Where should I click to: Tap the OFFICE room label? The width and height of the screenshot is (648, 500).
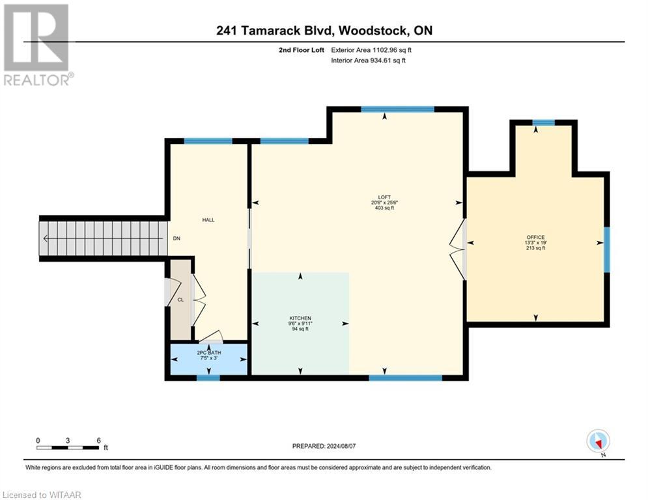pyautogui.click(x=535, y=237)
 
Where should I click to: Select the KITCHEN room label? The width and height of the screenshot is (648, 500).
pyautogui.click(x=300, y=318)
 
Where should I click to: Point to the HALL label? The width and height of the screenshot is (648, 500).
pyautogui.click(x=208, y=220)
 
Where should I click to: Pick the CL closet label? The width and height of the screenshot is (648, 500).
pyautogui.click(x=180, y=300)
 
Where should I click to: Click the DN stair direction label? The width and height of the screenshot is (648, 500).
pyautogui.click(x=176, y=238)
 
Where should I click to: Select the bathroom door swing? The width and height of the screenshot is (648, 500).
pyautogui.click(x=211, y=336)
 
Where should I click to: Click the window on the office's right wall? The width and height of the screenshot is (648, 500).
pyautogui.click(x=606, y=249)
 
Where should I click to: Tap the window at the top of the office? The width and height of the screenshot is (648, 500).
pyautogui.click(x=543, y=122)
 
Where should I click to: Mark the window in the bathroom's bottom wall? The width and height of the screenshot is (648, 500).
pyautogui.click(x=208, y=377)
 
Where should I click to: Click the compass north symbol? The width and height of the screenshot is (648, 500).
pyautogui.click(x=597, y=441)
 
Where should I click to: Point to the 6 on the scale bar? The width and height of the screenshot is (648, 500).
pyautogui.click(x=98, y=440)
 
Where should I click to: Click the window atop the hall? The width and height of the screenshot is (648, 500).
pyautogui.click(x=208, y=141)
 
